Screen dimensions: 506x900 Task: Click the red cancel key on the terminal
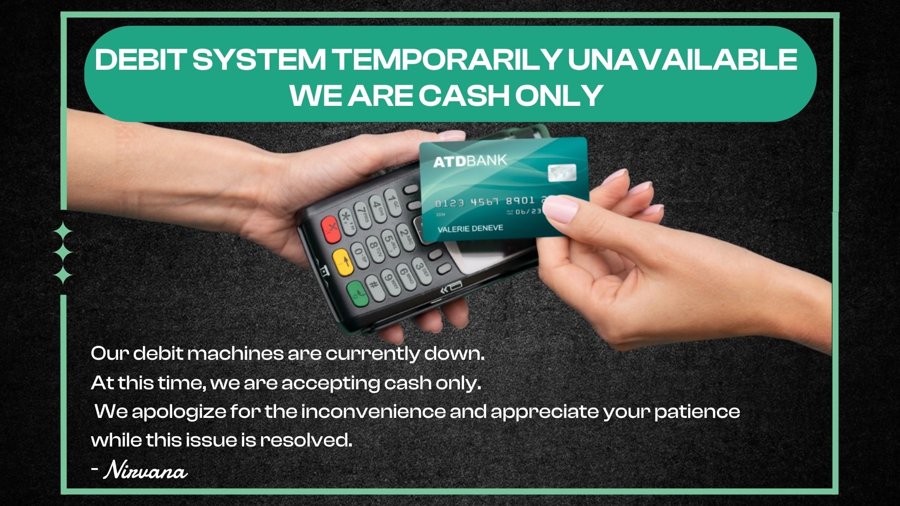pyautogui.click(x=331, y=230)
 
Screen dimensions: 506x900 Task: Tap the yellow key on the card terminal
pyautogui.click(x=343, y=262)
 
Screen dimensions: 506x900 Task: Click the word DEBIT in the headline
pyautogui.click(x=140, y=60)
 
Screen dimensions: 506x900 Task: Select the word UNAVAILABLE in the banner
pyautogui.click(x=682, y=60)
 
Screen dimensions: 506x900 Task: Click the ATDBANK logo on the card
pyautogui.click(x=470, y=161)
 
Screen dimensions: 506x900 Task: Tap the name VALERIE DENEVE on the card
pyautogui.click(x=470, y=229)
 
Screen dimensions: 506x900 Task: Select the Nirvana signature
pyautogui.click(x=146, y=470)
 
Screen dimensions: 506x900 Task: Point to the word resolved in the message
pyautogui.click(x=306, y=440)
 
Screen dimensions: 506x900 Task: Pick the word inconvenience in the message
pyautogui.click(x=373, y=412)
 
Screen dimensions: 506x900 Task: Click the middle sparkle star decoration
pyautogui.click(x=63, y=253)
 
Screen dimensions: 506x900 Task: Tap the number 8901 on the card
pyautogui.click(x=519, y=201)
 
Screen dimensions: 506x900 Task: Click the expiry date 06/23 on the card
pyautogui.click(x=528, y=212)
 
